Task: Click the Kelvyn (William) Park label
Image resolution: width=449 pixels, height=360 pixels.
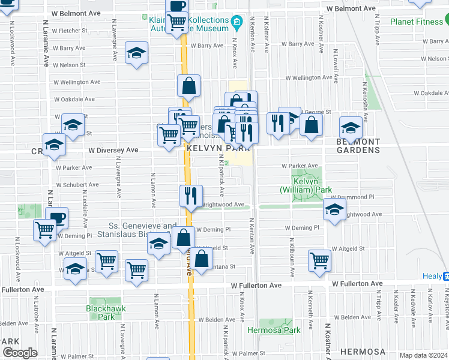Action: pyautogui.click(x=306, y=185)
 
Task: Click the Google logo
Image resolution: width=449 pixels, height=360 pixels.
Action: pyautogui.click(x=20, y=353)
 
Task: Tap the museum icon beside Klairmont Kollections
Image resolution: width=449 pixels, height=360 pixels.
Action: pyautogui.click(x=237, y=24)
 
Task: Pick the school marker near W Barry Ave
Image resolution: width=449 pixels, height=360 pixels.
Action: pyautogui.click(x=137, y=53)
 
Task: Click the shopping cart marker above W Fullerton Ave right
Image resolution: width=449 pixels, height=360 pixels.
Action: pyautogui.click(x=320, y=260)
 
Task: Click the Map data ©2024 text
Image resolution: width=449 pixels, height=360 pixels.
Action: pyautogui.click(x=424, y=355)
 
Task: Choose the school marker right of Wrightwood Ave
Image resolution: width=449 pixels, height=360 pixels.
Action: pyautogui.click(x=334, y=209)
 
